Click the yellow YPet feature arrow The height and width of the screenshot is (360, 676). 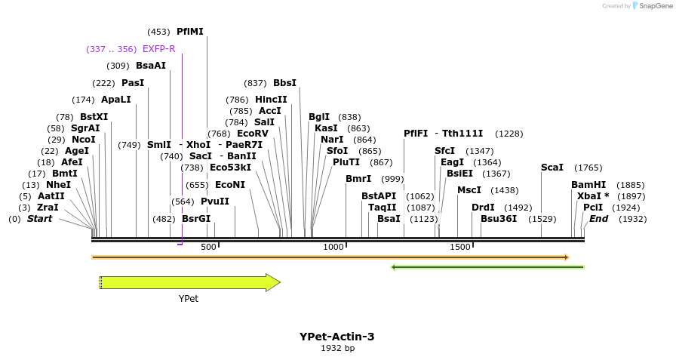coord(189,283)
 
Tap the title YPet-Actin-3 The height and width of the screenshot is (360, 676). coord(336,337)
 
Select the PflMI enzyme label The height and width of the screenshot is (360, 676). coord(189,32)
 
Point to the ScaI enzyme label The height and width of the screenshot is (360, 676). coord(552,168)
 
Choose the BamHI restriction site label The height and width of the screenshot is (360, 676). coord(588,185)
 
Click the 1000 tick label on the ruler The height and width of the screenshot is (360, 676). coord(333,248)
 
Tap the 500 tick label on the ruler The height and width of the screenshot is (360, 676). coord(208,248)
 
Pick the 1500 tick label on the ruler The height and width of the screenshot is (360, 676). coord(459,248)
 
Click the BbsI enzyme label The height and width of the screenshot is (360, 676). coord(284,83)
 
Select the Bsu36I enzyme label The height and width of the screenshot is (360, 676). coord(499,219)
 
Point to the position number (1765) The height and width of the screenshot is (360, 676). coord(588,168)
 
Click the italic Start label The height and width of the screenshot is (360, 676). coord(40,219)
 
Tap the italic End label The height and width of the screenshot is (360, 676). coord(598,219)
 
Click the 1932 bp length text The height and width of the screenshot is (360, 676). coord(337,349)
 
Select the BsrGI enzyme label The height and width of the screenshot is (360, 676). coord(196,219)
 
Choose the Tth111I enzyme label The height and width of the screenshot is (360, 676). coord(462,134)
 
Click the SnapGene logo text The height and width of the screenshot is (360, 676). coord(653,6)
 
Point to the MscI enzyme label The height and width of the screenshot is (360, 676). coord(469,190)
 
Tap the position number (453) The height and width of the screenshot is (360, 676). coord(159,32)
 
